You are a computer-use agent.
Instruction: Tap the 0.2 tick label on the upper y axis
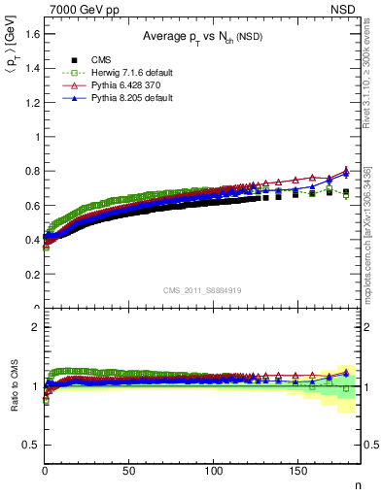pos(32,275)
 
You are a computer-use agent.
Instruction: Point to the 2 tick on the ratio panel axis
pos(36,327)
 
